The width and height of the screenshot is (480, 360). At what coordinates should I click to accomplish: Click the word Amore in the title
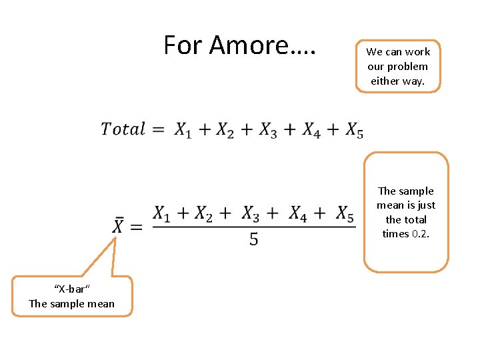[x=247, y=45]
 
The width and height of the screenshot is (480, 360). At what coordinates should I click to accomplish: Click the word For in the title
[x=183, y=45]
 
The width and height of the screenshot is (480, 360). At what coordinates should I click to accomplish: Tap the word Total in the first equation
[x=123, y=129]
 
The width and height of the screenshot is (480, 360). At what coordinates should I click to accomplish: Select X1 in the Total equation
[x=183, y=130]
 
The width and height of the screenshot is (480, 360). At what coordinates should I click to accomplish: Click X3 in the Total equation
[x=268, y=130]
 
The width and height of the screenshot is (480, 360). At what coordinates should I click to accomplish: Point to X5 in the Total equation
[x=354, y=130]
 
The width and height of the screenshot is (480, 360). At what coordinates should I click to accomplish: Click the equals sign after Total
[x=159, y=129]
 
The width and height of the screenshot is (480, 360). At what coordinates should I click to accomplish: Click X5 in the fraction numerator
[x=344, y=214]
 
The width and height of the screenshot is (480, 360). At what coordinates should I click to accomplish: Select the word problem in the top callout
[x=407, y=67]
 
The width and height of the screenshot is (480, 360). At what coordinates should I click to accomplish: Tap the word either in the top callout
[x=385, y=81]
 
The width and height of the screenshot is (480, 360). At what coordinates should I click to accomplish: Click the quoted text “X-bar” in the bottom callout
[x=71, y=289]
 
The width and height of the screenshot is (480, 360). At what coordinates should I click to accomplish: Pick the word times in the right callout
[x=395, y=234]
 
